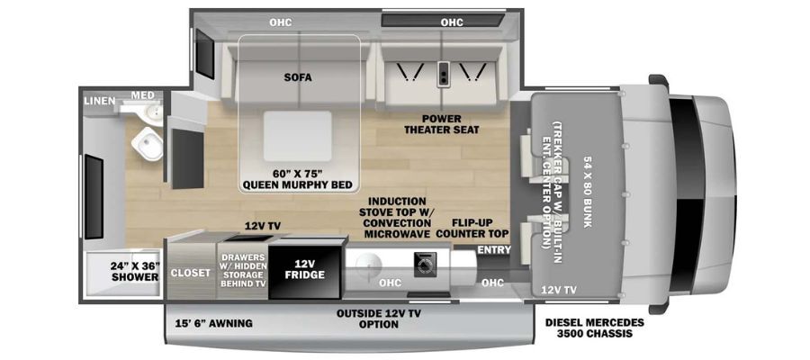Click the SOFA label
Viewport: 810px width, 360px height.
coord(298,77)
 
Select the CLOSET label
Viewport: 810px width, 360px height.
coord(191,272)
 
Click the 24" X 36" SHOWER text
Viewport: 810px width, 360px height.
coord(135,272)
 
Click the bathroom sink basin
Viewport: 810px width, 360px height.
coord(151,112)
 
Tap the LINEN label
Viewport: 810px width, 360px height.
coord(100,101)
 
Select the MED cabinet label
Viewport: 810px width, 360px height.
coord(142,95)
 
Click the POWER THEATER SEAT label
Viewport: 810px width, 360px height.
coord(441,124)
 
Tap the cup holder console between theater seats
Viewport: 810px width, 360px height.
coord(443,75)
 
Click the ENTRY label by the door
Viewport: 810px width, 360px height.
coord(494,250)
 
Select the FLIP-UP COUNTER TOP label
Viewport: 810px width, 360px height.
coord(472,229)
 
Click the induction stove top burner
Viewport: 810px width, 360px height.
coord(426,265)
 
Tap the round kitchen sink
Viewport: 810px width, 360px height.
coord(369,265)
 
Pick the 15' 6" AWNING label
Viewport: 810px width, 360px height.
coord(214,324)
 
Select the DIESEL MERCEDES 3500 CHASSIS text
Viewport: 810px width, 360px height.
coord(595,328)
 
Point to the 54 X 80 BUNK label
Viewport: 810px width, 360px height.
coord(588,192)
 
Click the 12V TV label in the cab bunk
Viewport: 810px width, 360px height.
coord(558,291)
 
